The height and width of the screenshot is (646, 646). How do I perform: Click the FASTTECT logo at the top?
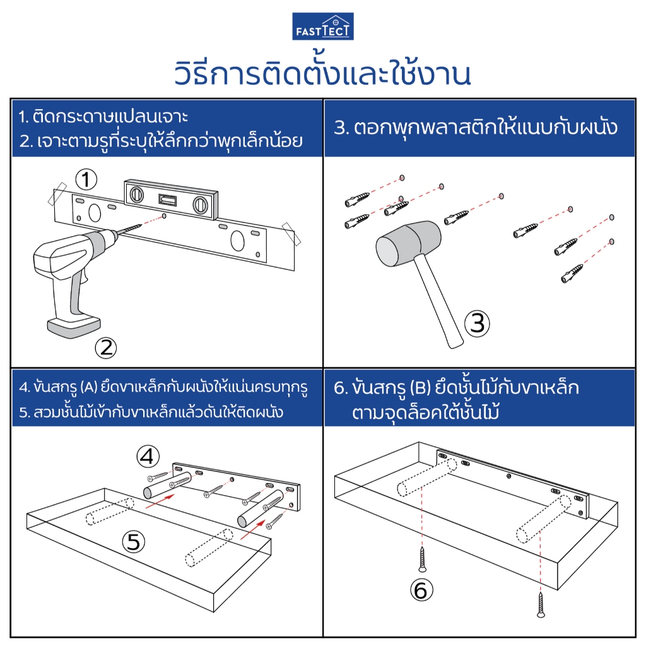tap(323, 26)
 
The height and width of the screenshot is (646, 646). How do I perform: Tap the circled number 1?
tap(86, 180)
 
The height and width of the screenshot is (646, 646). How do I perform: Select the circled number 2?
tap(106, 348)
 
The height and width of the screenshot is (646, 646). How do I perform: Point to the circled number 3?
tap(477, 324)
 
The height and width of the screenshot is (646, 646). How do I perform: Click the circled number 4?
tap(148, 457)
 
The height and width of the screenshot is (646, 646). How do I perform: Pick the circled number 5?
tap(134, 542)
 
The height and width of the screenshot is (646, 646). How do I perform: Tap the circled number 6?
tap(421, 590)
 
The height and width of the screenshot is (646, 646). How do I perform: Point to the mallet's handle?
tap(438, 300)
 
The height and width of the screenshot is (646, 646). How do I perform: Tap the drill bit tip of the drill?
tap(141, 225)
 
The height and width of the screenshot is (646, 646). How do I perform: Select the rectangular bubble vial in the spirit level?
tap(168, 200)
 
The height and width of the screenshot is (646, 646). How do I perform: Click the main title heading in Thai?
tap(322, 73)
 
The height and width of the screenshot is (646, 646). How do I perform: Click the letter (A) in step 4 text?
tap(89, 387)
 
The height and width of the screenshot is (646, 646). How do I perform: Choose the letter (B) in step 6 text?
tap(420, 388)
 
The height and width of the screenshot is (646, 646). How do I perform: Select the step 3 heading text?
tap(476, 127)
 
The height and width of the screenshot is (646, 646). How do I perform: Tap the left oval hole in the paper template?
tap(95, 213)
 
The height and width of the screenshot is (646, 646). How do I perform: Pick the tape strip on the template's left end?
tap(57, 194)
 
